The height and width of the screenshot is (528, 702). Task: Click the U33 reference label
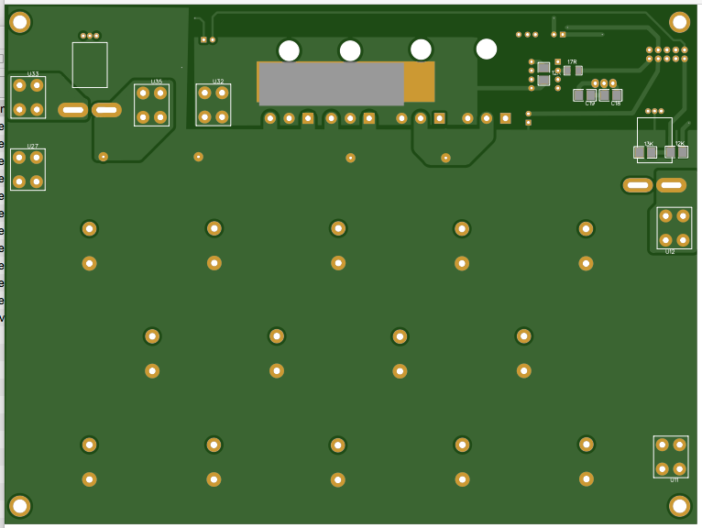33,74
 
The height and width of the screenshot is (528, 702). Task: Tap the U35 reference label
157,82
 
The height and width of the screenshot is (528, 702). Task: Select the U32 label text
218,82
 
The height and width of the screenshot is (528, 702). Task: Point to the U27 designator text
33,147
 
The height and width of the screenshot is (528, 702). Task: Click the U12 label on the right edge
670,252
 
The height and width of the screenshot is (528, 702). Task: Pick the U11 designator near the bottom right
675,479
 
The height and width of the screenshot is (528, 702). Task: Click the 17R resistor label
572,61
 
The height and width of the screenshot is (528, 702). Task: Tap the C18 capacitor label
616,104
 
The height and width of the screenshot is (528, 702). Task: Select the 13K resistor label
648,144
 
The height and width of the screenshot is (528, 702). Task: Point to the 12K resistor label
679,144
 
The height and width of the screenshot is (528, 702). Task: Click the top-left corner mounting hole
19,22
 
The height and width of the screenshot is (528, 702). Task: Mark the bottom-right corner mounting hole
679,505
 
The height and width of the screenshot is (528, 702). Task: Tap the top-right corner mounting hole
679,22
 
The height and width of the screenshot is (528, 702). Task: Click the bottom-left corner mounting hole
19,505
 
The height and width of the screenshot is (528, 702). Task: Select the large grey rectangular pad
331,83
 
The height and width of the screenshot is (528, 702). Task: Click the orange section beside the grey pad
420,82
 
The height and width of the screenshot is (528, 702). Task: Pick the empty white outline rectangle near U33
90,65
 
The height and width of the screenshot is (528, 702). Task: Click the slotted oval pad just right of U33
72,110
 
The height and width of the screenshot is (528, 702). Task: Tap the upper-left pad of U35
143,93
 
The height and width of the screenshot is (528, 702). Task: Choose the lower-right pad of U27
37,181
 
